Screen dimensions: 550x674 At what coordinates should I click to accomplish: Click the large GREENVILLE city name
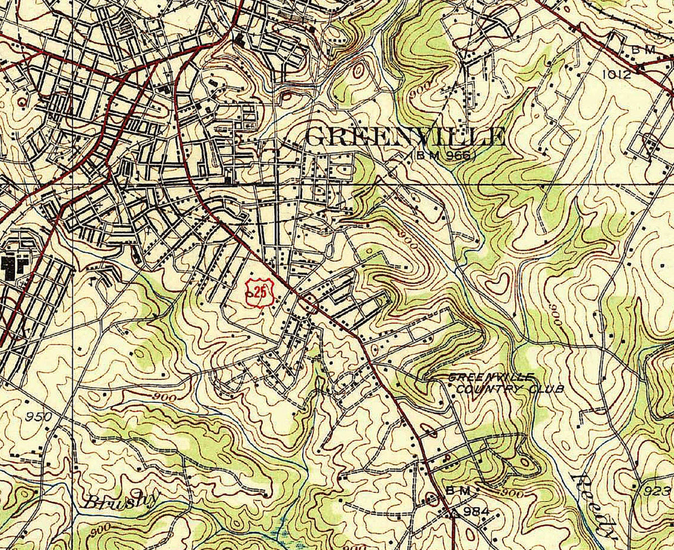[405, 137]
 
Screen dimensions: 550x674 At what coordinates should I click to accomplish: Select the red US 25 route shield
[256, 292]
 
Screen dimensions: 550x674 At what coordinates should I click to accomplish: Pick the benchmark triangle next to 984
[454, 512]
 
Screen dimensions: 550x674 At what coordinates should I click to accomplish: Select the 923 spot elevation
[657, 491]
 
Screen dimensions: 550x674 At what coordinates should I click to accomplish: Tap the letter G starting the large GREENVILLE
[315, 137]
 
